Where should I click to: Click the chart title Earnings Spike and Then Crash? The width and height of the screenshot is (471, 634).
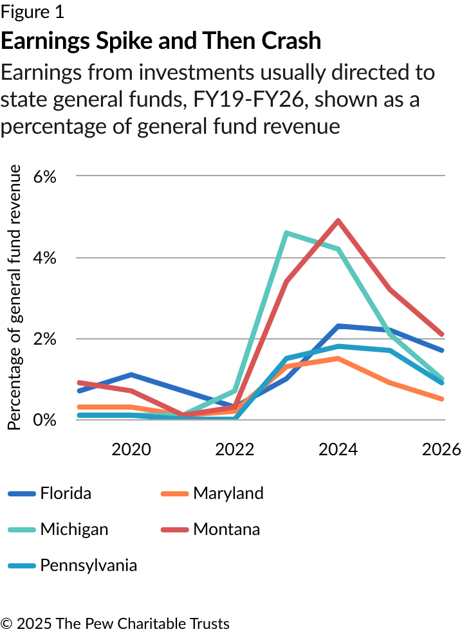tap(161, 41)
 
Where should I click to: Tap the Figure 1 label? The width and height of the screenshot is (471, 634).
tap(32, 12)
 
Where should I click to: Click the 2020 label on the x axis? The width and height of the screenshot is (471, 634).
tap(131, 449)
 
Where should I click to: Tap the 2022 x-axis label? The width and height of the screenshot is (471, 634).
tap(235, 449)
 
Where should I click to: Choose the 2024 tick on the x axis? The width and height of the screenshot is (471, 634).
tap(338, 449)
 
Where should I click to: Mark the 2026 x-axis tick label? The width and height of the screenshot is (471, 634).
tap(441, 449)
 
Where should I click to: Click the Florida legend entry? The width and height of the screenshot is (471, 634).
tap(65, 493)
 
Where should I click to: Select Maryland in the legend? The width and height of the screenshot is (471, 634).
tap(228, 493)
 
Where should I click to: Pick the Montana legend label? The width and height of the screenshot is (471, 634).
tap(226, 529)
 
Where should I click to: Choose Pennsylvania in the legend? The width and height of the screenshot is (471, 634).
tap(88, 565)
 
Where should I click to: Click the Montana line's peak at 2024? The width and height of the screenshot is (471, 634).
tap(338, 221)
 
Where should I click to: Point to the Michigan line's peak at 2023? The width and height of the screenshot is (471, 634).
tap(286, 233)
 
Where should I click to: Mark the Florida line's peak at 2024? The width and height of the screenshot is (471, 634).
tap(338, 326)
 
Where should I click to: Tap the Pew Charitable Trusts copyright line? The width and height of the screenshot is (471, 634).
tap(115, 623)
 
